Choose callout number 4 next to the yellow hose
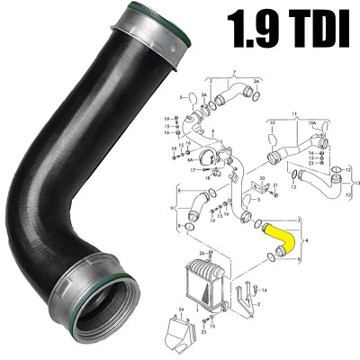click(309, 240)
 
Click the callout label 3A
click(256, 79)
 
